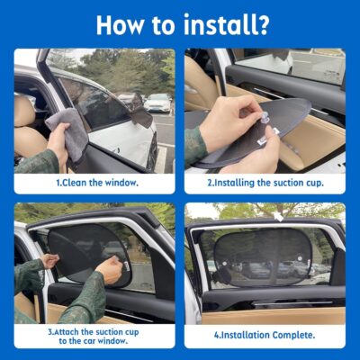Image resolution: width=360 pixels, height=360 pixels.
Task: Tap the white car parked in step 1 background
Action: pyautogui.click(x=157, y=102)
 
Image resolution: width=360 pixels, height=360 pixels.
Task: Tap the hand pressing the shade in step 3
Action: pyautogui.click(x=110, y=266)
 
